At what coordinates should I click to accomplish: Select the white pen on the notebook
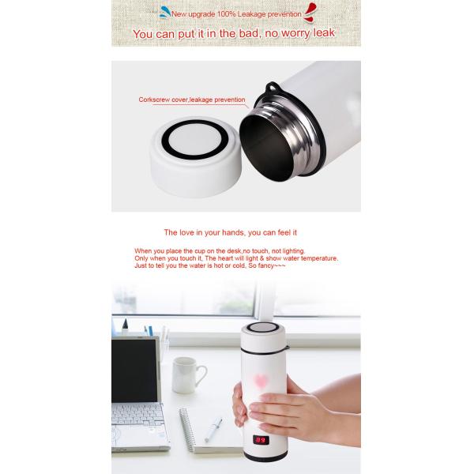[213, 430]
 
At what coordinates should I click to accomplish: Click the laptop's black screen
[134, 369]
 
